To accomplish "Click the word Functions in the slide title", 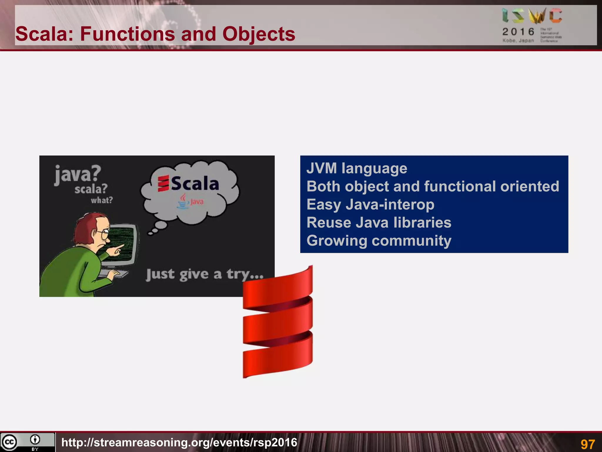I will tap(128, 34).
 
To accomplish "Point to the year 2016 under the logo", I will tap(518, 31).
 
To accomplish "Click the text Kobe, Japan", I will tap(518, 41).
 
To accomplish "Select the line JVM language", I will tap(357, 168).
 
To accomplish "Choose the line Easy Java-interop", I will tap(370, 205).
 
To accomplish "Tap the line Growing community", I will tap(379, 240).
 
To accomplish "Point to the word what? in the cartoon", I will tap(102, 200).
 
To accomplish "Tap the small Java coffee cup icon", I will tap(183, 202).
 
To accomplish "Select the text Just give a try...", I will tap(204, 274).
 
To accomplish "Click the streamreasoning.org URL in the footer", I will tap(179, 442).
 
